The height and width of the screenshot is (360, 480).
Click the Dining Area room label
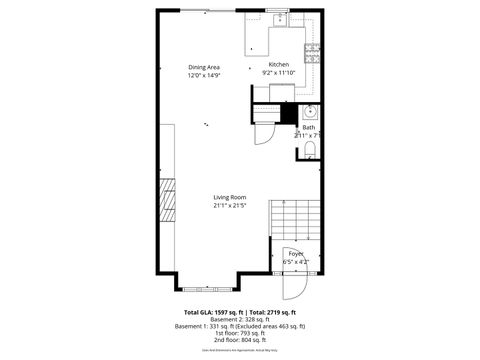coord(203,67)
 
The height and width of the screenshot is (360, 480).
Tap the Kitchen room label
coord(278,65)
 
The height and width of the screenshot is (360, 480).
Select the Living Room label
coord(229,197)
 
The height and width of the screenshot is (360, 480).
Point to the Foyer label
coord(296,254)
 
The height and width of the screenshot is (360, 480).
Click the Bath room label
coord(309,127)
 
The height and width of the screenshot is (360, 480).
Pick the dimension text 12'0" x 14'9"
coord(203,75)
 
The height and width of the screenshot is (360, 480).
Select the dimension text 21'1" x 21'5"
coord(229,206)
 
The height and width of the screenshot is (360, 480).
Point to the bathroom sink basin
coord(310,112)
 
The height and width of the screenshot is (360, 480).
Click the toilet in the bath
coord(310,149)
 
